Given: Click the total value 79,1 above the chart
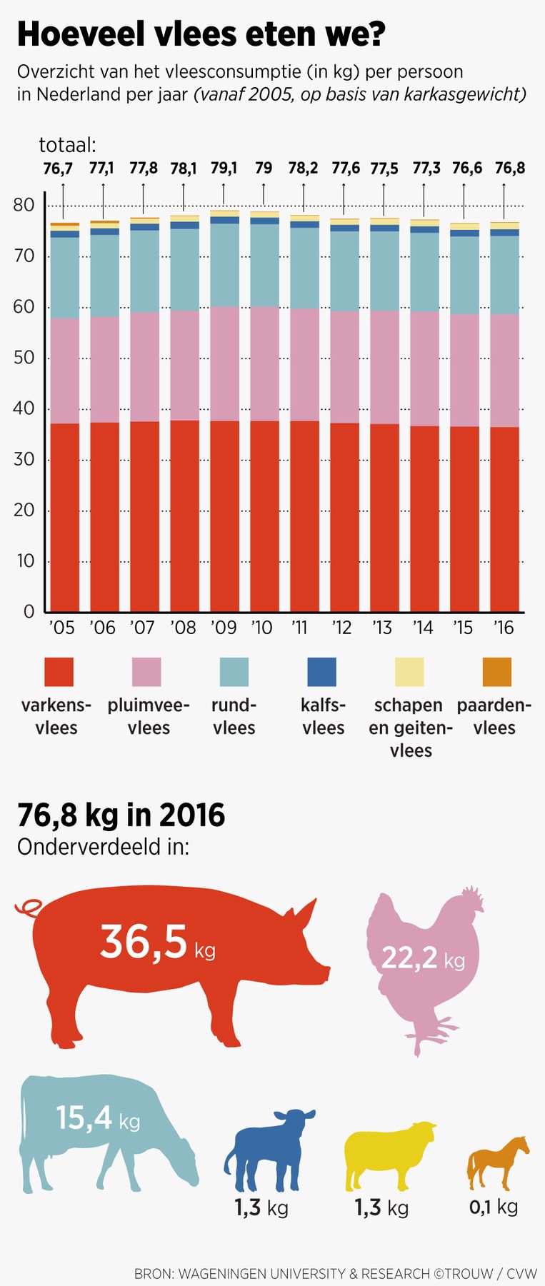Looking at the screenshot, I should point(224,169).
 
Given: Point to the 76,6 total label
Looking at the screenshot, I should point(466,169).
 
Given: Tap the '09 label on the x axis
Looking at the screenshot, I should point(224,628).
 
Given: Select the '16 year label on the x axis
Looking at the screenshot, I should point(504,628).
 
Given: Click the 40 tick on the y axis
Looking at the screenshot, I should point(24,408).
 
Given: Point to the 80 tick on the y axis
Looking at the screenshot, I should point(24,205).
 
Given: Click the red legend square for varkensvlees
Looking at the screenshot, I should point(59,672).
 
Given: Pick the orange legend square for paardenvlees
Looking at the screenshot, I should point(497,672).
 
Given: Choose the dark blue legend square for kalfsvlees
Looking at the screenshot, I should point(321,672).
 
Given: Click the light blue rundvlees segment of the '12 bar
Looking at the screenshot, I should point(344,271).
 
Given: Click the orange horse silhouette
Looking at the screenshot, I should point(497,1160).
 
